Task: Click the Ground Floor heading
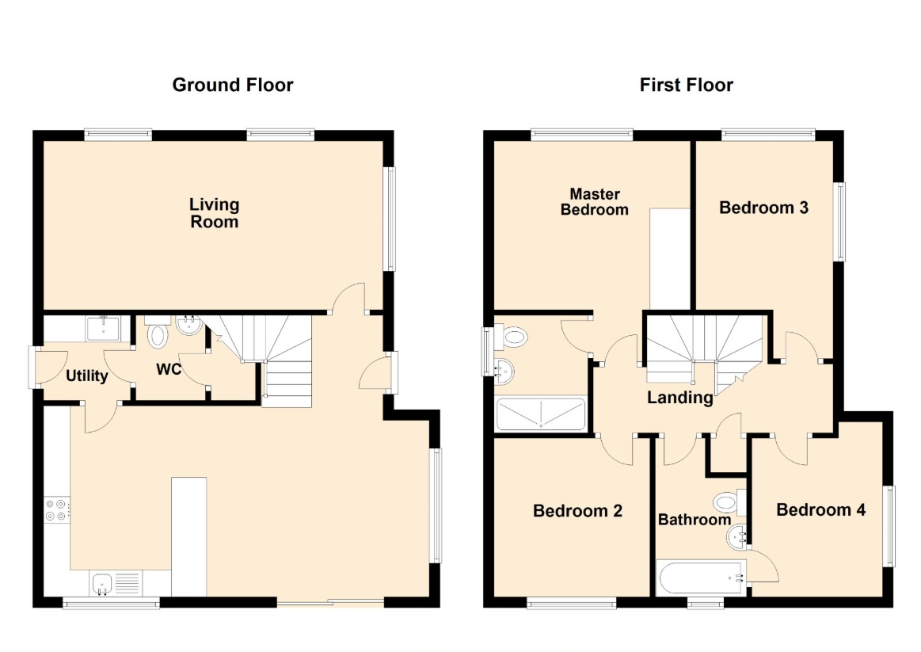pos(233,86)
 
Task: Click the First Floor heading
pos(686,86)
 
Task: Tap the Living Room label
pos(215,213)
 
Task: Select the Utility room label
pos(87,376)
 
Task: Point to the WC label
pos(169,369)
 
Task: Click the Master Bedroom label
pos(595,202)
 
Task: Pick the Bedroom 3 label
pos(763,208)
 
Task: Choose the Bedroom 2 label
pos(577,511)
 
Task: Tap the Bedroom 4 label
pos(820,510)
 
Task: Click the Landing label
pos(680,398)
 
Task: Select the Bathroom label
pos(695,520)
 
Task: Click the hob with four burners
pos(57,510)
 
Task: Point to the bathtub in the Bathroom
pos(702,578)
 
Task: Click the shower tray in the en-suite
pos(541,414)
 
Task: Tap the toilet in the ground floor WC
pos(158,333)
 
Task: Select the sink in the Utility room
pos(103,328)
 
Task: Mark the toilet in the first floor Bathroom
pos(730,503)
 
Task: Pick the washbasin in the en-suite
pos(504,372)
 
